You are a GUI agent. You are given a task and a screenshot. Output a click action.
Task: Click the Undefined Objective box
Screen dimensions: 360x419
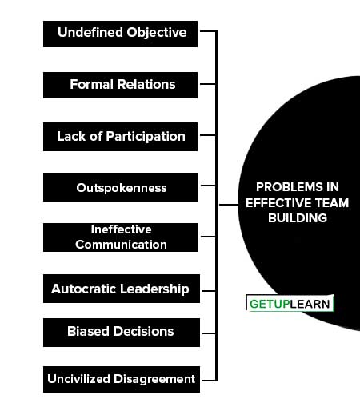[x=120, y=34]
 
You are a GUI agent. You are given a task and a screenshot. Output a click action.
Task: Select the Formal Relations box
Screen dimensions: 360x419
[x=120, y=85]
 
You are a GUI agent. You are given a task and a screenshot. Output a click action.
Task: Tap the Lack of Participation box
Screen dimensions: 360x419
[x=120, y=137]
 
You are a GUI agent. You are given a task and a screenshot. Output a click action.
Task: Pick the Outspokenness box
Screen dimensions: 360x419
[x=121, y=187]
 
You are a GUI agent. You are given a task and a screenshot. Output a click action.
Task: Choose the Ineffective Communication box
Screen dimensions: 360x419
[x=121, y=237]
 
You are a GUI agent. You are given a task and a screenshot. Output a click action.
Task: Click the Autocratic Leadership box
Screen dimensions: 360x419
[x=122, y=289]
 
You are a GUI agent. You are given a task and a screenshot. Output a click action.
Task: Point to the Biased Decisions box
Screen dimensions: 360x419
[x=122, y=333]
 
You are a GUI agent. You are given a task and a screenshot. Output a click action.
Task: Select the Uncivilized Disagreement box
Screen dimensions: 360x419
[x=122, y=379]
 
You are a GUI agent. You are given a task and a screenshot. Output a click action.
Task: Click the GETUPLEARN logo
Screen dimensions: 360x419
[x=290, y=303]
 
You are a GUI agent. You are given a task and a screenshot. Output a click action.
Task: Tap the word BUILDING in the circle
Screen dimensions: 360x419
[x=298, y=218]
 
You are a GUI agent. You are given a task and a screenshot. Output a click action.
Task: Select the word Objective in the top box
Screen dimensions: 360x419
[x=157, y=33]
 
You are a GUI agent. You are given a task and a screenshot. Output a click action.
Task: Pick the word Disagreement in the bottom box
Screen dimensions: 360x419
[x=154, y=379]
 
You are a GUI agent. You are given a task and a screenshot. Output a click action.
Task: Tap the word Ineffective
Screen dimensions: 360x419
[x=121, y=229]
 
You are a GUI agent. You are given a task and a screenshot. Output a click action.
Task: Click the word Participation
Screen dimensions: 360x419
[x=146, y=137]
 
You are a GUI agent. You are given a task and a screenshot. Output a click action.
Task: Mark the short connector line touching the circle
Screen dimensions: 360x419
[x=229, y=205]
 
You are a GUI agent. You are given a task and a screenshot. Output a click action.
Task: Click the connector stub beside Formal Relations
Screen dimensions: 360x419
[x=208, y=84]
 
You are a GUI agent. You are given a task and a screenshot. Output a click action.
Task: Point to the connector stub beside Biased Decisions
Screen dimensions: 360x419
[x=209, y=333]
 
